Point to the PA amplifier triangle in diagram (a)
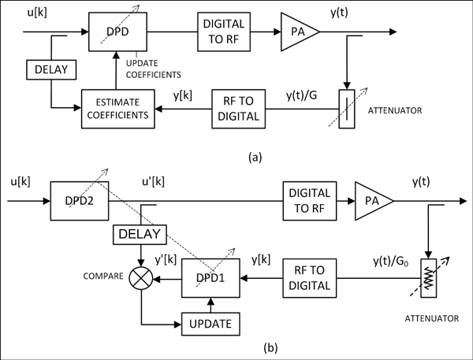click(x=297, y=32)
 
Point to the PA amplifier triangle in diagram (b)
click(x=371, y=202)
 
